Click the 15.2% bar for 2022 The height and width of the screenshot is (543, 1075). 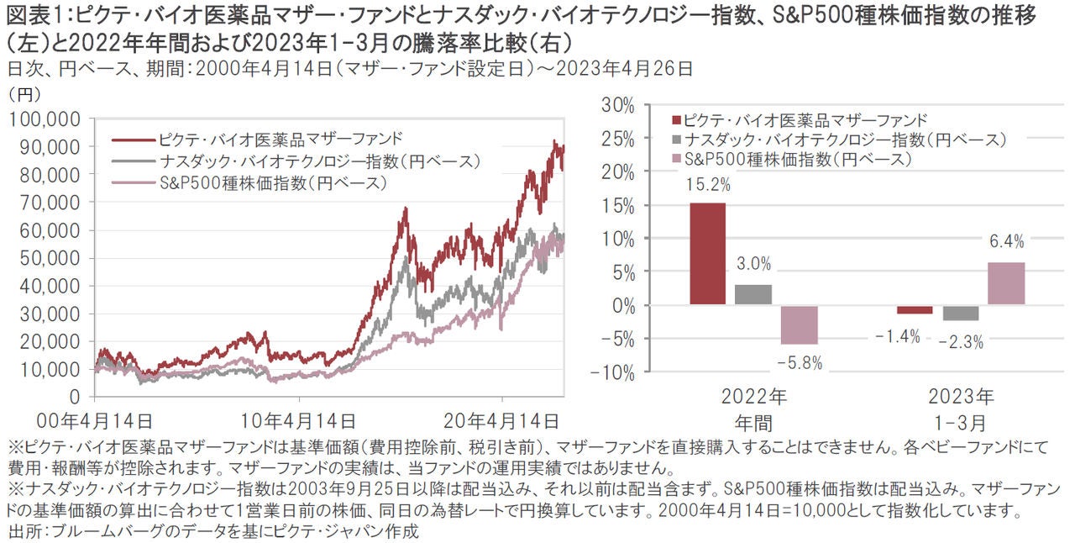707,254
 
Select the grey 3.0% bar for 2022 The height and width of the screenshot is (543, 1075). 753,294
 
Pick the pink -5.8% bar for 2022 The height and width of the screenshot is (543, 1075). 800,324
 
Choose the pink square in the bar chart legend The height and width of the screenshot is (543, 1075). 677,158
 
